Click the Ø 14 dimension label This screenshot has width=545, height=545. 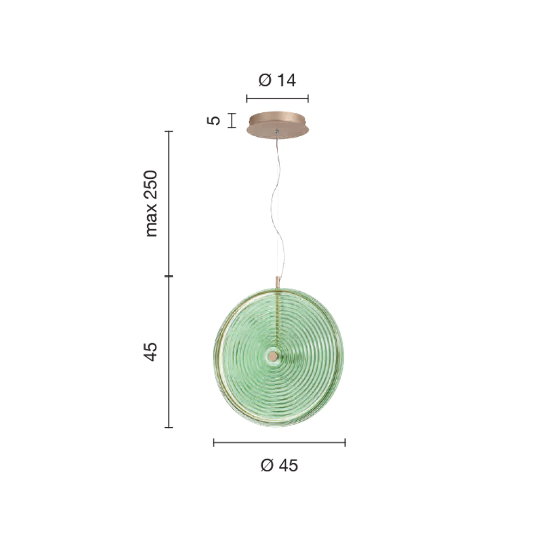point(277,80)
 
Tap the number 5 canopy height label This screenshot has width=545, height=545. point(214,120)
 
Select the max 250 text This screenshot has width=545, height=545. point(151,204)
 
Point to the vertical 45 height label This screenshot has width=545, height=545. point(150,352)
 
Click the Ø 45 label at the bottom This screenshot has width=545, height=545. point(279,465)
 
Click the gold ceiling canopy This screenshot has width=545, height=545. point(277,124)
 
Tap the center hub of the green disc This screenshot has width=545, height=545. point(273,356)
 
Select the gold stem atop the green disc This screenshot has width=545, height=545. point(277,282)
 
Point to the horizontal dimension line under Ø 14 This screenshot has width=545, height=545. point(277,99)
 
